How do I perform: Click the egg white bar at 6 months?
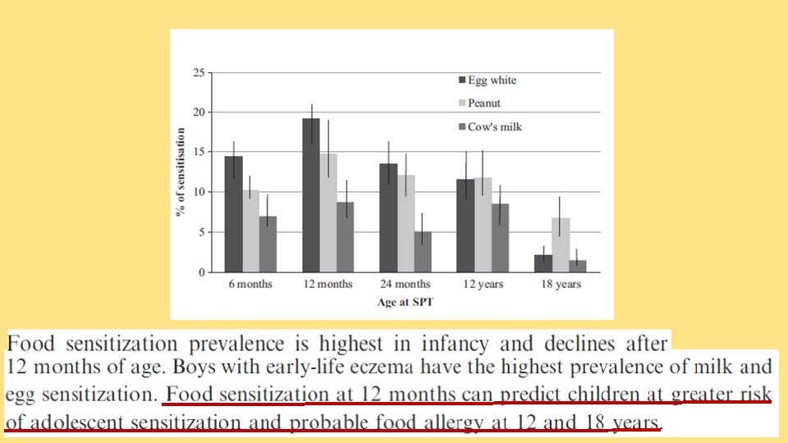233,214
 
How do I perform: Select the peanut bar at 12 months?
328,212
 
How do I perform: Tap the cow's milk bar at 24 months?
422,251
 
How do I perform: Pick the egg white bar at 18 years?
543,263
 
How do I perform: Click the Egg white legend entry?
491,80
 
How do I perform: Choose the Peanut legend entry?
483,103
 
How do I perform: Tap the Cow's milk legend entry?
494,126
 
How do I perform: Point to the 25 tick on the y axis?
198,72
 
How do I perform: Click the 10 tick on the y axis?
198,192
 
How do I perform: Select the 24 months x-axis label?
405,285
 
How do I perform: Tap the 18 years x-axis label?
561,285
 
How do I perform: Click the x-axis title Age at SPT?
405,302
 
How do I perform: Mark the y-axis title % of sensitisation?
179,172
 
